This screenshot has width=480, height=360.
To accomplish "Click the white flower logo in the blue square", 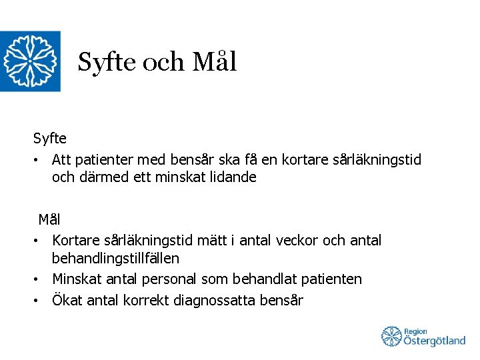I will (x=30, y=61).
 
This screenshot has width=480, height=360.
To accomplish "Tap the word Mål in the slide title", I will (x=214, y=62).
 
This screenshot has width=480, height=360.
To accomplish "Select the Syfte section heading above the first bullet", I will (x=50, y=139).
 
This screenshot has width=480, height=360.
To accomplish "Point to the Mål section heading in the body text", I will (x=49, y=219).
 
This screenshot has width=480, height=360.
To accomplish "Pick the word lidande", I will (x=233, y=178).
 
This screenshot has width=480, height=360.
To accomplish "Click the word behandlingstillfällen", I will (x=115, y=257).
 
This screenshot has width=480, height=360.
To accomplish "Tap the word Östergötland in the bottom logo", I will (x=435, y=341).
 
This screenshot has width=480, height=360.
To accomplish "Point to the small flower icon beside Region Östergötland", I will (x=391, y=337).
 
